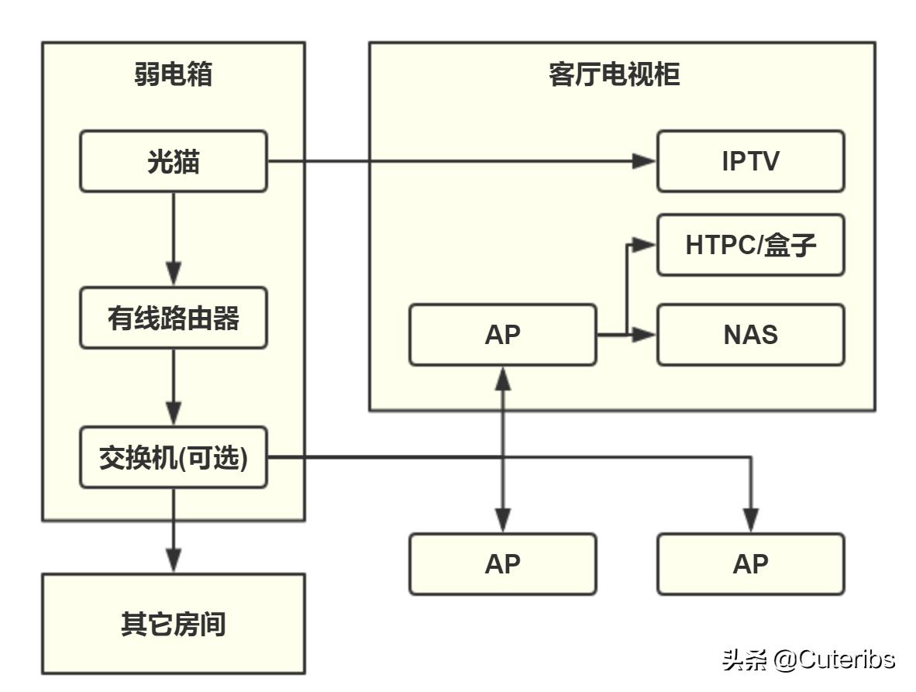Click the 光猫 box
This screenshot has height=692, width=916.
(x=173, y=161)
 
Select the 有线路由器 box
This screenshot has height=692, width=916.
(x=173, y=318)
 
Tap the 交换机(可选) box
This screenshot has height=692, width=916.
(x=173, y=457)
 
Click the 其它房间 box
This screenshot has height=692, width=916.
(x=173, y=624)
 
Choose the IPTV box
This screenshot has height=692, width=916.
(x=750, y=161)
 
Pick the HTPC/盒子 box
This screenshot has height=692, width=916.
(x=750, y=245)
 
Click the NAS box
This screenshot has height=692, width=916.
(x=750, y=335)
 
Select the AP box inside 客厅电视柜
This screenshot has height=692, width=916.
(x=502, y=335)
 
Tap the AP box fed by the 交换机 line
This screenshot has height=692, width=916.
(x=750, y=564)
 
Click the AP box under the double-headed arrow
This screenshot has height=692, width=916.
(x=502, y=564)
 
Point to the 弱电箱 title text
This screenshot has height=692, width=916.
(x=173, y=75)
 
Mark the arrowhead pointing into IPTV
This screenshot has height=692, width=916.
(x=645, y=161)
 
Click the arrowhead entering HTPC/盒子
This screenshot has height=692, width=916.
(x=645, y=245)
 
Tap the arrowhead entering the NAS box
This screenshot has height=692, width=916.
(x=645, y=335)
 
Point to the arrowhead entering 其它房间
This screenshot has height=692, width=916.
(x=173, y=559)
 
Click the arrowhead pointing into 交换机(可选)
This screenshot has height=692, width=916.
(x=173, y=413)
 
